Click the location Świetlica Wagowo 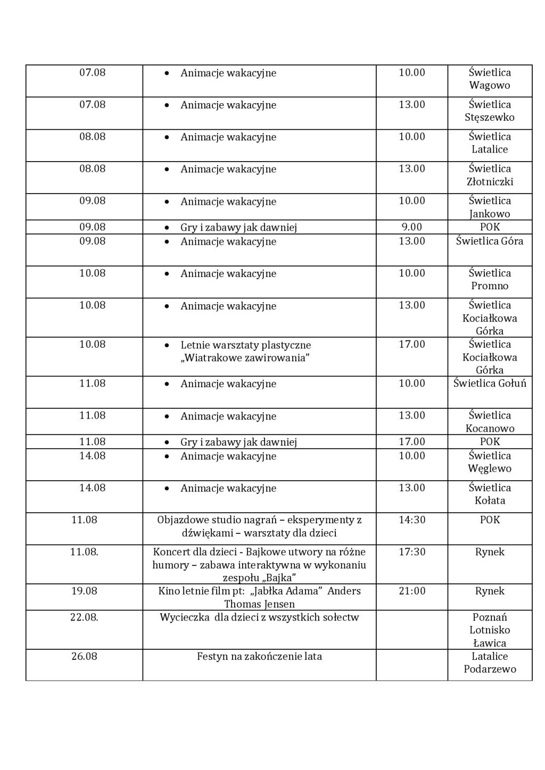490,79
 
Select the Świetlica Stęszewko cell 490,111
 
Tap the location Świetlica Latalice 490,143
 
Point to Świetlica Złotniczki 490,175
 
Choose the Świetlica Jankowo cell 490,207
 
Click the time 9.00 411,227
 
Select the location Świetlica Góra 490,241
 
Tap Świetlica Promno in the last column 490,279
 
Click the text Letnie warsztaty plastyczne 245,345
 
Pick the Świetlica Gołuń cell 490,383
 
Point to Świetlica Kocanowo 490,422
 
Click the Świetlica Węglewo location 490,462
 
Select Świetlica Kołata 490,494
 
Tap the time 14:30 412,520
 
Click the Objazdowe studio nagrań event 259,526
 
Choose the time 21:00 412,591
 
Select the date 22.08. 84,617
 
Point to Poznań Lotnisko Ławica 490,630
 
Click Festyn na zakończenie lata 259,656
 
